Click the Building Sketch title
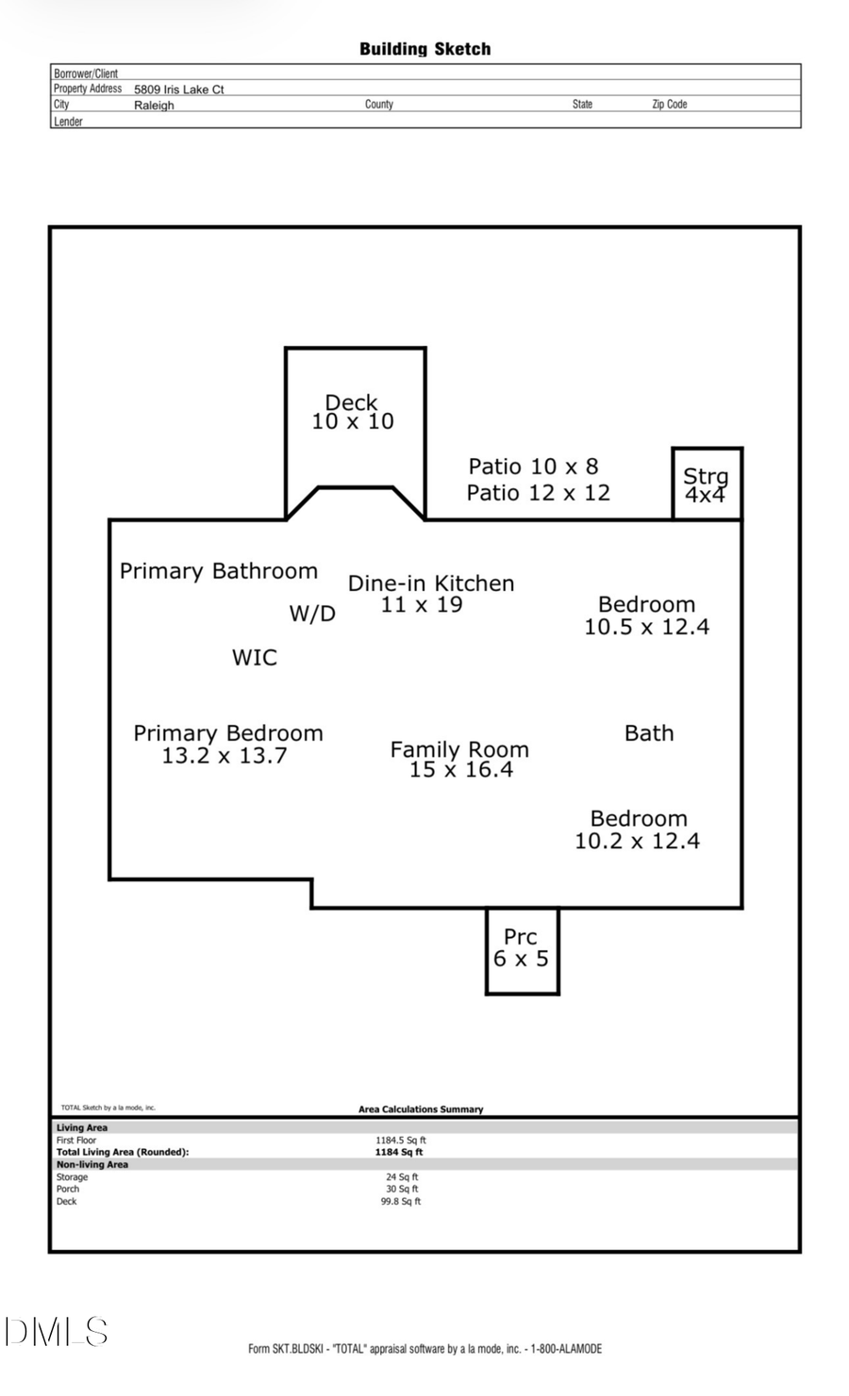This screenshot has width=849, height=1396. (424, 49)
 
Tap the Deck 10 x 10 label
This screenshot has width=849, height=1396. (353, 413)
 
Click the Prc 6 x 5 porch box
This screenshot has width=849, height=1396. (522, 950)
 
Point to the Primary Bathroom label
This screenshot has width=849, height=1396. (219, 571)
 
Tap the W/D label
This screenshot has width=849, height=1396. (312, 615)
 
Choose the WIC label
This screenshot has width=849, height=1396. (255, 658)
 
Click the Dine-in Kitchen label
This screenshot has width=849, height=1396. (431, 583)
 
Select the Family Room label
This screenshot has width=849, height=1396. (459, 749)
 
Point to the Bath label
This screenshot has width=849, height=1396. (649, 733)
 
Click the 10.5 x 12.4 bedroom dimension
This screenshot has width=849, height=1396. (646, 628)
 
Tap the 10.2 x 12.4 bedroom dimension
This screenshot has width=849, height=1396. (638, 842)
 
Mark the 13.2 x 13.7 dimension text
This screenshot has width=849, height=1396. (225, 756)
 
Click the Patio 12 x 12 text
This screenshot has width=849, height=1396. (539, 493)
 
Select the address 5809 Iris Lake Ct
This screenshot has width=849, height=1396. (179, 90)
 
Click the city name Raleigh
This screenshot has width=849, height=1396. (154, 106)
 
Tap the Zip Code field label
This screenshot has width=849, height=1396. (670, 105)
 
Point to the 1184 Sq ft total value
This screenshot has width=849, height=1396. (399, 1152)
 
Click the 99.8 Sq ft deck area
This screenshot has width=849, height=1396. (401, 1202)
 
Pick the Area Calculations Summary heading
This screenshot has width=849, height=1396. (421, 1109)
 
